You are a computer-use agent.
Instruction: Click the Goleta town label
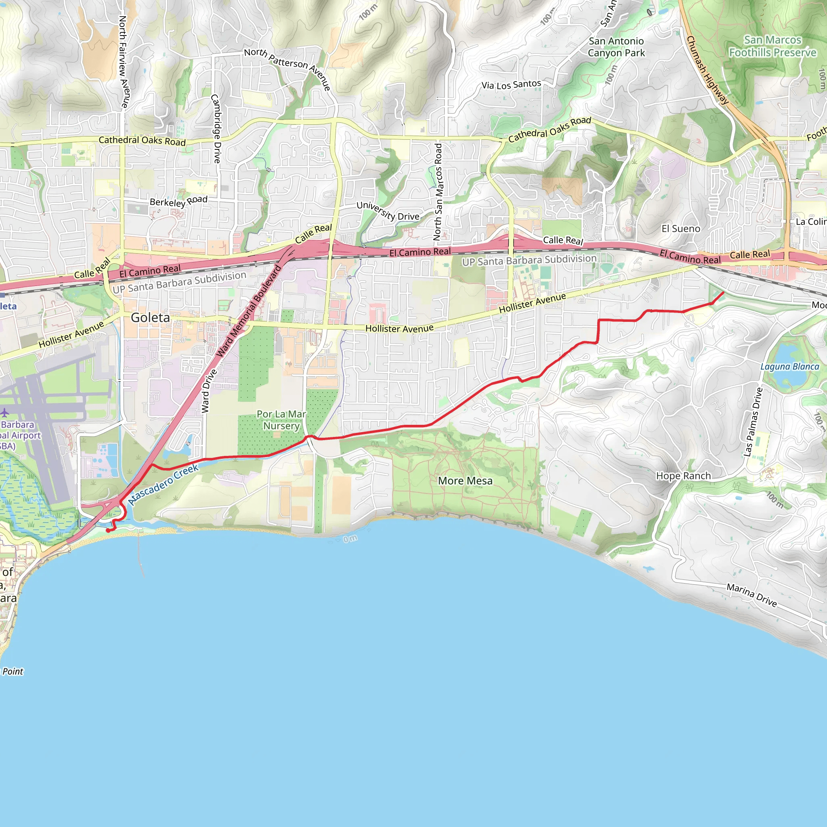150,318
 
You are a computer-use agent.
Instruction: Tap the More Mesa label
465,481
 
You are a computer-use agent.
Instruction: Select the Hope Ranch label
683,476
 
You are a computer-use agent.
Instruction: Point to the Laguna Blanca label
789,366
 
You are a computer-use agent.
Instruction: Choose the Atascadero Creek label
163,484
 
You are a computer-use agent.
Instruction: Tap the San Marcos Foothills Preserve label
772,46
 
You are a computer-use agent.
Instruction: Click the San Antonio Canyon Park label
616,47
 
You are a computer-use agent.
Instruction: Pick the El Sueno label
680,229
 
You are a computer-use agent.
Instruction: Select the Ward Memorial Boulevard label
249,311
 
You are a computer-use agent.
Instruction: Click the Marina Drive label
751,595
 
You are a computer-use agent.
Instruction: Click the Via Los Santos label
511,84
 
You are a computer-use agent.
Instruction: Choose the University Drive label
388,211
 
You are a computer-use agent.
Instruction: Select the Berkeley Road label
178,201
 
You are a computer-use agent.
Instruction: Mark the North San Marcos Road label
437,191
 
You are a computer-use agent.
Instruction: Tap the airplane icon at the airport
5,413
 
